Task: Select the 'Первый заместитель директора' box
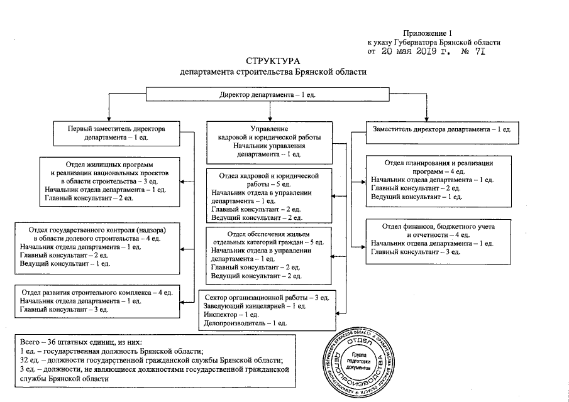[116, 128]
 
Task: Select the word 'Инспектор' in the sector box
[219, 314]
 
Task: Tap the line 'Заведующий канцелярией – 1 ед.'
[255, 305]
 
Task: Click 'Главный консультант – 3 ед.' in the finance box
[416, 251]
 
